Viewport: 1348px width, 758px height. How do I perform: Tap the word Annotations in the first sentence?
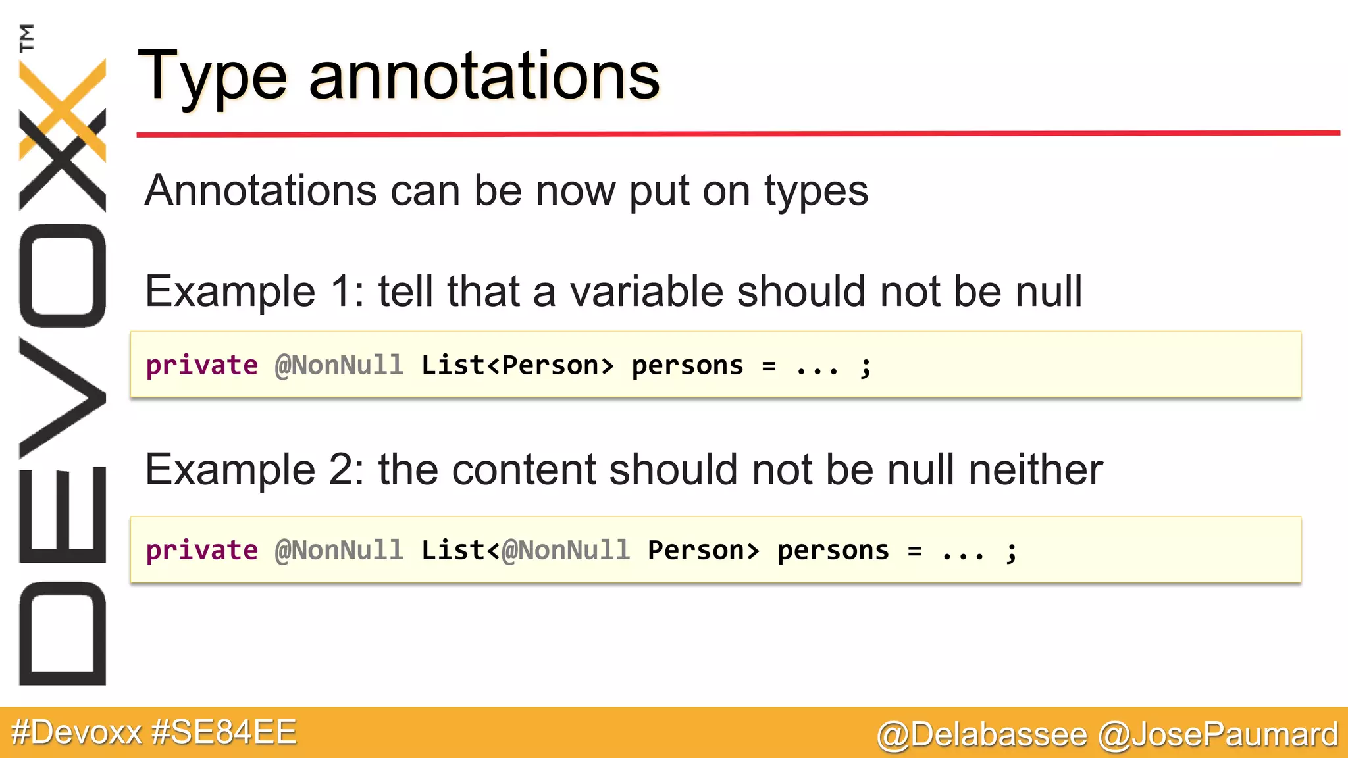[x=260, y=191]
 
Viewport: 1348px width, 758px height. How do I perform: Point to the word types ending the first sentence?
[x=816, y=192]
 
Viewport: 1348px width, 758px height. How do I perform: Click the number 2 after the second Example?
[x=343, y=470]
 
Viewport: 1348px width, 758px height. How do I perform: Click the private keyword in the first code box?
[x=202, y=365]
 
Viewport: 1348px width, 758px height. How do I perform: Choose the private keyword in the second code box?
[x=202, y=550]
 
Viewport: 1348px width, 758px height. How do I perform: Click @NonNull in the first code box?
[x=339, y=365]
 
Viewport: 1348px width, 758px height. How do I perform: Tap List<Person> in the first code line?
[x=517, y=365]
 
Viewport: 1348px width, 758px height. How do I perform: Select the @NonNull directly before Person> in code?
[x=566, y=550]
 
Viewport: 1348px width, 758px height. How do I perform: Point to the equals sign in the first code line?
[x=769, y=366]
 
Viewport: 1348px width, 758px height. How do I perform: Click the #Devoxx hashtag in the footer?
[x=76, y=732]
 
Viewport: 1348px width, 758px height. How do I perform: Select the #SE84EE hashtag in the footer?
[x=224, y=732]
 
